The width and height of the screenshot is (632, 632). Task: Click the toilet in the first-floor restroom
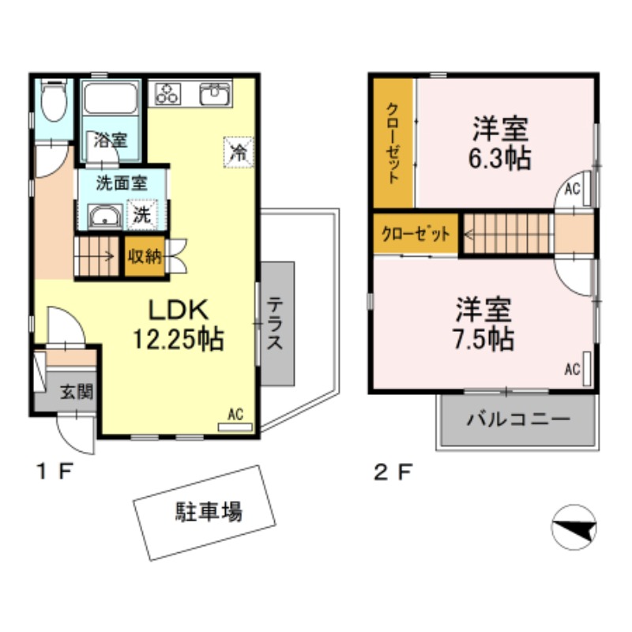tap(54, 102)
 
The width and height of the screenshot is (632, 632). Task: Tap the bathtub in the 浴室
tap(111, 101)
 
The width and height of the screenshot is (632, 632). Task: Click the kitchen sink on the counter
tap(214, 94)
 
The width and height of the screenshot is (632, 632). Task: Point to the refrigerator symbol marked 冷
tap(237, 150)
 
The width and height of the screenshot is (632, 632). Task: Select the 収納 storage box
tap(145, 256)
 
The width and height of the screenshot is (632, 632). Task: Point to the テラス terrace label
tap(276, 324)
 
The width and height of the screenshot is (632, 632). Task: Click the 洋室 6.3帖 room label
tap(500, 143)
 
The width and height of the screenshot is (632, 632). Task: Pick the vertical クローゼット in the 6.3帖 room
tap(393, 143)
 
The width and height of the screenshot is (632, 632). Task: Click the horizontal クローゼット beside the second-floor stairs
tap(416, 235)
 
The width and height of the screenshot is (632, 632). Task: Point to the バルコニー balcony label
tap(517, 419)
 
